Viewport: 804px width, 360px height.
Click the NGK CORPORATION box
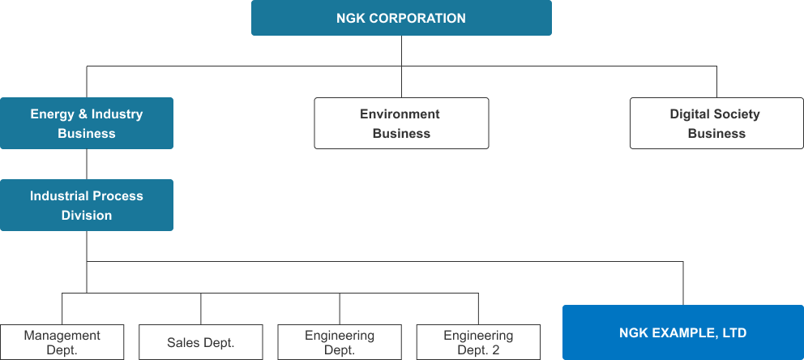pyautogui.click(x=401, y=18)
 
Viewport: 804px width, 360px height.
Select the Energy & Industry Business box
pyautogui.click(x=87, y=123)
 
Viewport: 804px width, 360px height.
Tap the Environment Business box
pyautogui.click(x=401, y=123)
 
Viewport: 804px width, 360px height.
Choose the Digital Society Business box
pyautogui.click(x=716, y=123)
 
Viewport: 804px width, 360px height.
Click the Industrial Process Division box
pyautogui.click(x=87, y=205)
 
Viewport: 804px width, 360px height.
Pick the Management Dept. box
pyautogui.click(x=62, y=342)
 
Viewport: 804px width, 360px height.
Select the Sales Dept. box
pyautogui.click(x=200, y=342)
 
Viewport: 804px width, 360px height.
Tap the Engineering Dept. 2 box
pyautogui.click(x=478, y=342)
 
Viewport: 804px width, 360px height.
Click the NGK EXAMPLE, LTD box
pyautogui.click(x=683, y=332)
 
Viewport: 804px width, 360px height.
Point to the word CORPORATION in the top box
pyautogui.click(x=417, y=19)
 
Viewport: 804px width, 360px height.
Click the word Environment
pyautogui.click(x=400, y=114)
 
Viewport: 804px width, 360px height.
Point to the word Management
pyautogui.click(x=62, y=336)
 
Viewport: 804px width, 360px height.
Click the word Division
pyautogui.click(x=87, y=216)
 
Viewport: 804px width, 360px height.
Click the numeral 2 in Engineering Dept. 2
pyautogui.click(x=495, y=351)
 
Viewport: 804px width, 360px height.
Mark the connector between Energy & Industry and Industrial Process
pyautogui.click(x=87, y=164)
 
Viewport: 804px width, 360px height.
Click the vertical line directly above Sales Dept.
pyautogui.click(x=200, y=309)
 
